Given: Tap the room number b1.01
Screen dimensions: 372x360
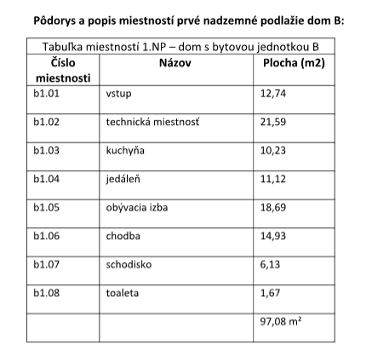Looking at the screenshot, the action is tap(45, 95).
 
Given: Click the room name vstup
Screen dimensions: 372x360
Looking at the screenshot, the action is tap(117, 95).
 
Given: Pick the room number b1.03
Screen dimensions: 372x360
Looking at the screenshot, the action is tap(45, 151).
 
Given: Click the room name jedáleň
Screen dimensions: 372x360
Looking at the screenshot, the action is tap(123, 179).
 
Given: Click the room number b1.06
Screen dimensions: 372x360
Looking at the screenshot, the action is tap(45, 236).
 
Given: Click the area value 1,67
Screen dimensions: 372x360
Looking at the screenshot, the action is tap(268, 293).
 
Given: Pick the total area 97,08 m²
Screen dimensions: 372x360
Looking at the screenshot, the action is tap(279, 323).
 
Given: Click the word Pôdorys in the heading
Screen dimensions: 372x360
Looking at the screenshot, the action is tap(52, 17).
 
